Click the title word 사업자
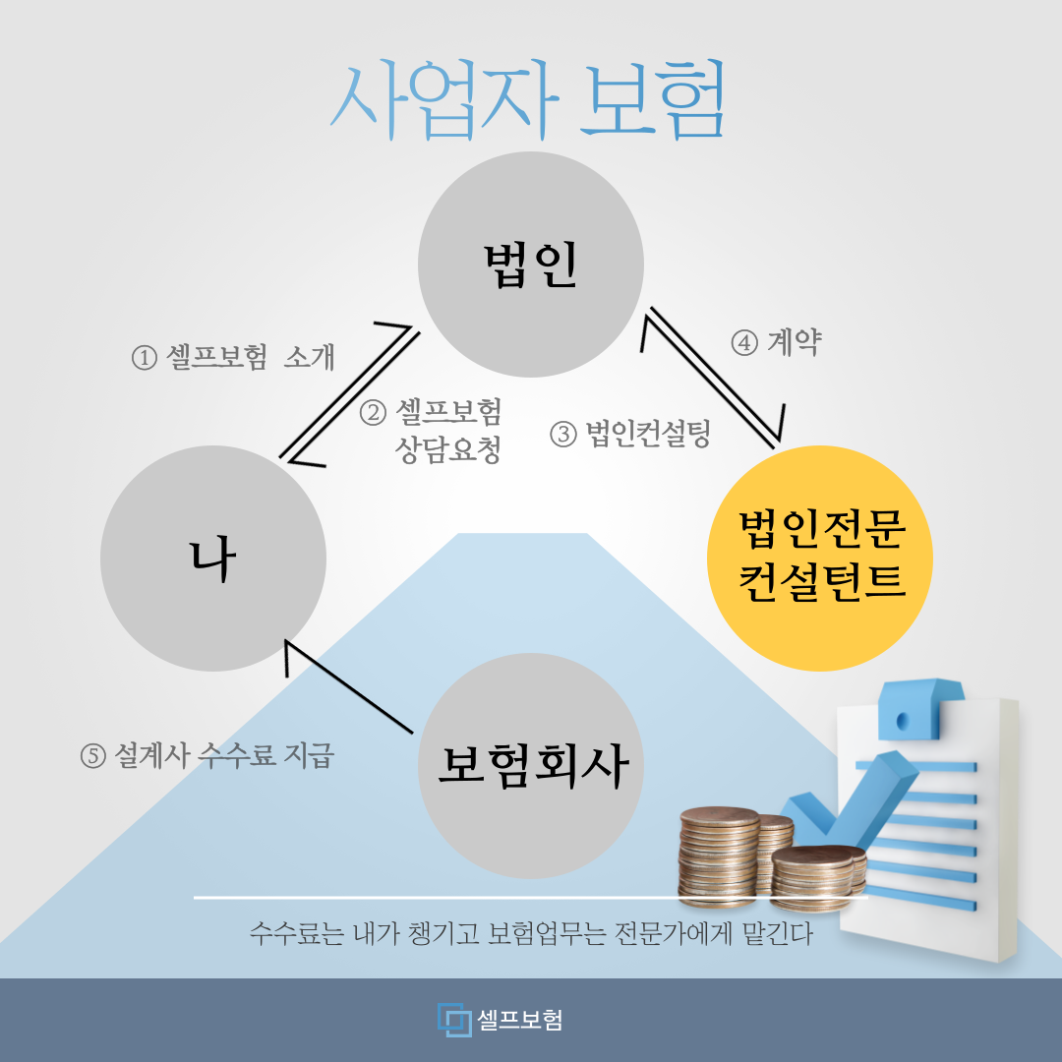(444, 100)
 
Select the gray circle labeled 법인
(530, 265)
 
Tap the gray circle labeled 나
(213, 559)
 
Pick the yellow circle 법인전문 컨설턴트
(820, 559)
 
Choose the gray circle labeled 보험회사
(530, 766)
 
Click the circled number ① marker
(145, 358)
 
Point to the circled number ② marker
(373, 412)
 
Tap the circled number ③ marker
(563, 434)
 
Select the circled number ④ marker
(744, 343)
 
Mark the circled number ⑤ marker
(93, 756)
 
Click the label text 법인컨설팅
(648, 434)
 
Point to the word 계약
(795, 342)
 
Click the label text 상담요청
(447, 449)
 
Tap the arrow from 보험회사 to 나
(349, 686)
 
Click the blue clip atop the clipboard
(920, 708)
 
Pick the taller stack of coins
(719, 856)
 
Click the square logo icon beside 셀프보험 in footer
(453, 1020)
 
